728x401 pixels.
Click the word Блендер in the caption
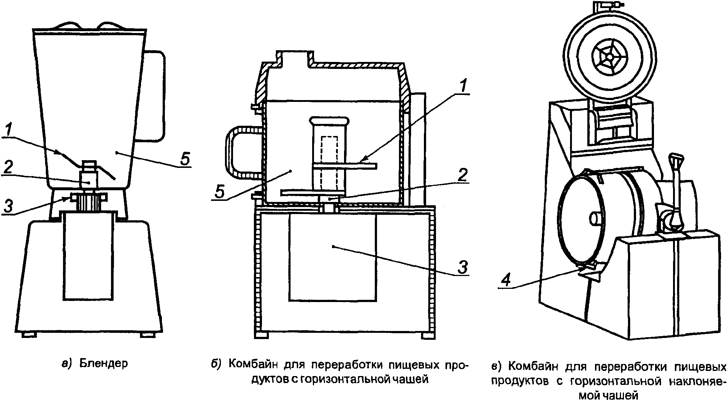tap(104, 364)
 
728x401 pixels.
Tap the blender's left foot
tap(29, 335)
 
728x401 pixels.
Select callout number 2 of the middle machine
tap(463, 175)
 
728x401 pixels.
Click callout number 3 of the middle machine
tap(463, 267)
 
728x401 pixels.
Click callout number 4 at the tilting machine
tap(506, 280)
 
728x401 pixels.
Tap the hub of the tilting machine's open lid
tap(609, 58)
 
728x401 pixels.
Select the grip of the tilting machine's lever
tap(676, 160)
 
